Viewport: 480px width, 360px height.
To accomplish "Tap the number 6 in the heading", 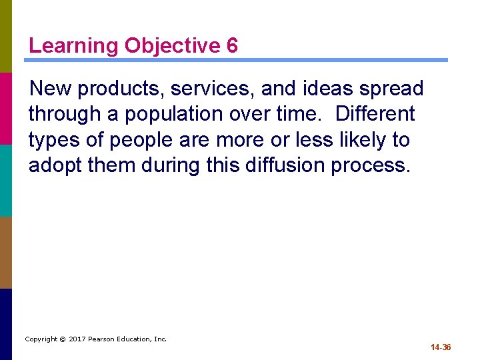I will tap(232, 46).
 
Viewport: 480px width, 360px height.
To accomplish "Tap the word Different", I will tap(375, 114).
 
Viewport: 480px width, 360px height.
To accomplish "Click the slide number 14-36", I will tap(441, 347).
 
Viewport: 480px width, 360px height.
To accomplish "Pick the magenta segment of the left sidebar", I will tap(6, 108).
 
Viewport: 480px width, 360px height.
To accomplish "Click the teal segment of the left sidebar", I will tap(6, 180).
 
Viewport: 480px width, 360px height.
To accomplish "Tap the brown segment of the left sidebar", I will tap(6, 252).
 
